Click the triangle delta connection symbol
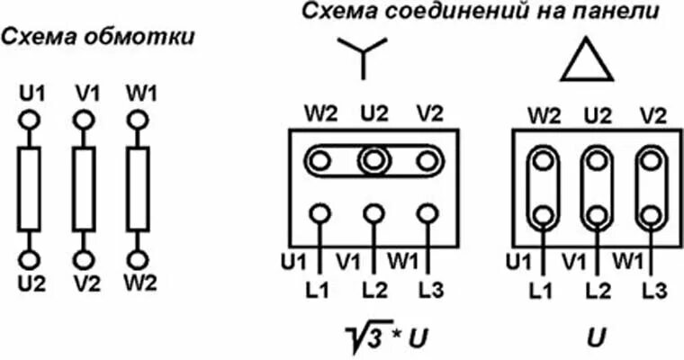(x=586, y=61)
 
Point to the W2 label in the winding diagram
(x=140, y=282)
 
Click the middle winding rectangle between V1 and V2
(x=83, y=188)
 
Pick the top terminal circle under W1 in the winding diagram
(x=137, y=119)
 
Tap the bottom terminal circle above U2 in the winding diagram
(x=30, y=259)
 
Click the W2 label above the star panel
(x=319, y=114)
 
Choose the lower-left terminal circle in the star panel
(x=319, y=214)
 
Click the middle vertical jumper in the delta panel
(x=594, y=188)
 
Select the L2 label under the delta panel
(x=594, y=291)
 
